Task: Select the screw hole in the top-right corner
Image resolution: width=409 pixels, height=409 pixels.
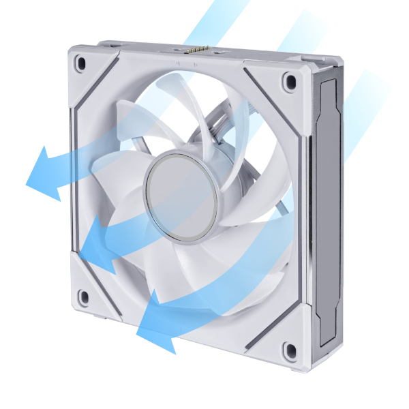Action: point(291,81)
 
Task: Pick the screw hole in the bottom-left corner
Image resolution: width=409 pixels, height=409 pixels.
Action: point(84,297)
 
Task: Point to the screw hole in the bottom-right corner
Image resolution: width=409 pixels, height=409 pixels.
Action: point(289,351)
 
